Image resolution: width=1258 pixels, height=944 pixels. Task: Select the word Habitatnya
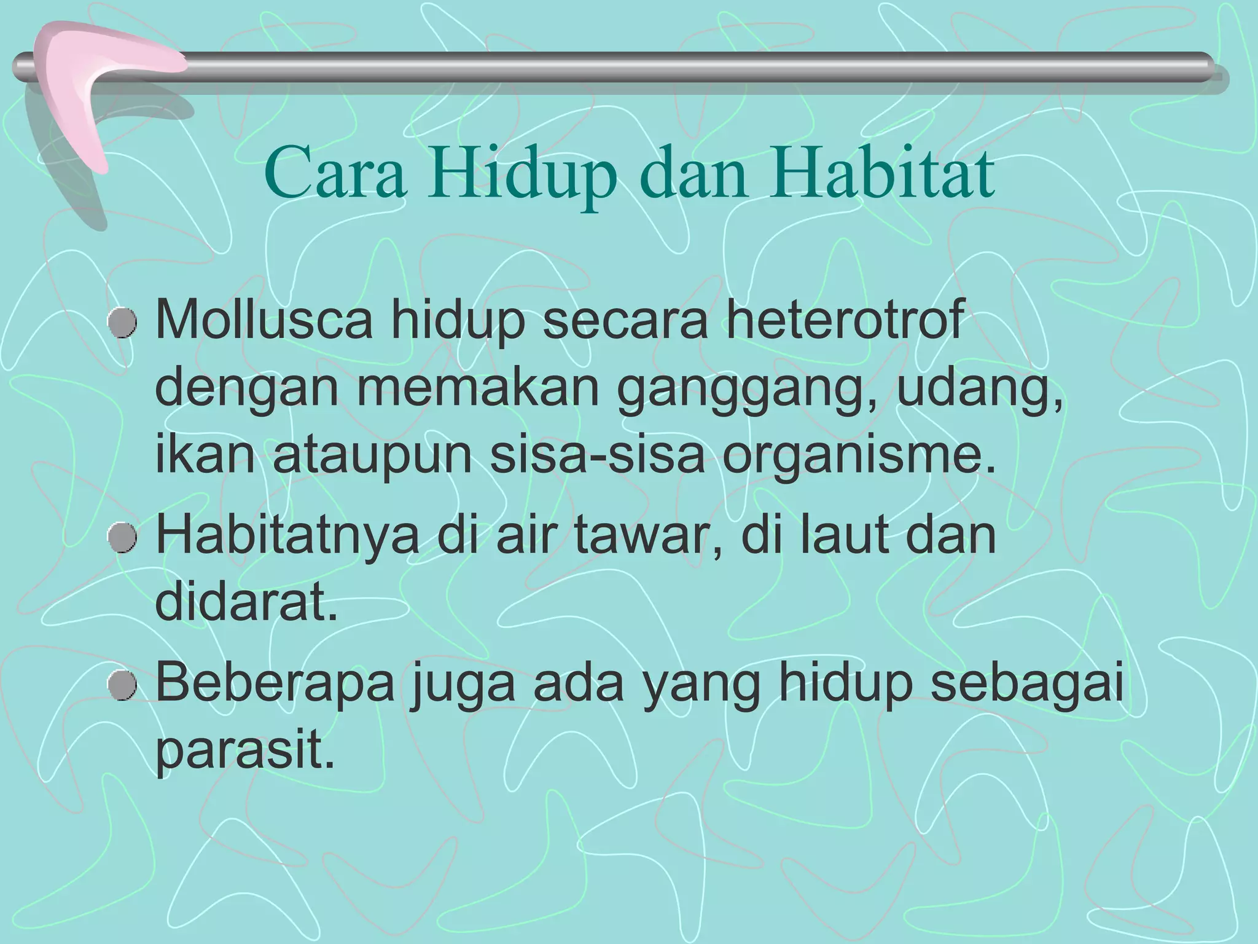pyautogui.click(x=287, y=535)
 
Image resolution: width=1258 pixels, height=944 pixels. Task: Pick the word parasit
pyautogui.click(x=245, y=753)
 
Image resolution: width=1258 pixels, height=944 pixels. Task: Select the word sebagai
pyautogui.click(x=1026, y=685)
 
